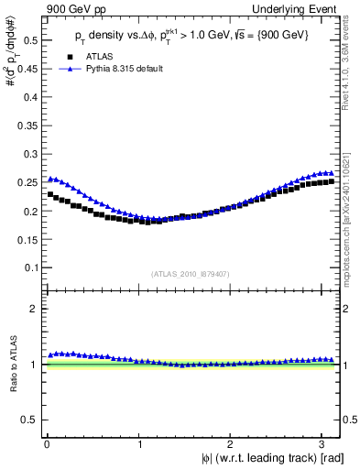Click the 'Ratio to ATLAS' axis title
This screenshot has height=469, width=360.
[x=13, y=365]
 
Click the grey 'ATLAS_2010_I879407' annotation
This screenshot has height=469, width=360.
[x=191, y=273]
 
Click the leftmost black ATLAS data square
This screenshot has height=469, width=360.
[x=50, y=194]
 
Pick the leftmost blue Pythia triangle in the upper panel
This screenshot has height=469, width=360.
[x=50, y=179]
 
